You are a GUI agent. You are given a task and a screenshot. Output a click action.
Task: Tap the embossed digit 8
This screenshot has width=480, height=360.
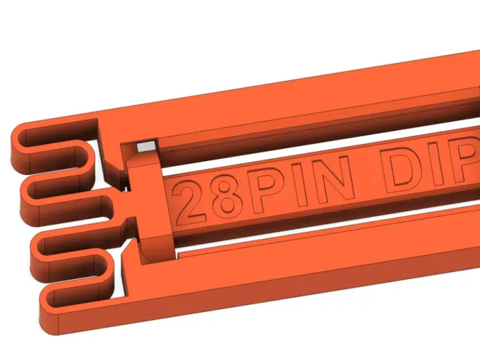coord(227,195)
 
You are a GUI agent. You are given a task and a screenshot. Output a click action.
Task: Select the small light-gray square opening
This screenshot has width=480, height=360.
coord(145,147)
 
